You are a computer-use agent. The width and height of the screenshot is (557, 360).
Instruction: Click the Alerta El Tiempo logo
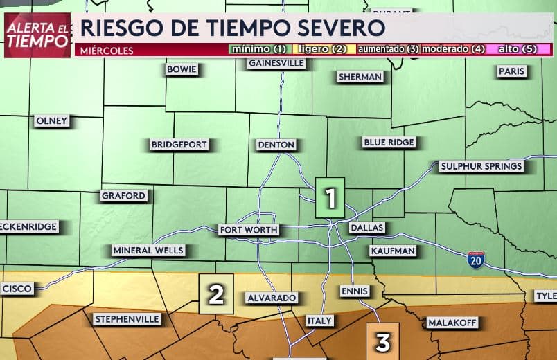point(37,35)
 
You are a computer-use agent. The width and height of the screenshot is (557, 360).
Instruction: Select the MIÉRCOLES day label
point(106,50)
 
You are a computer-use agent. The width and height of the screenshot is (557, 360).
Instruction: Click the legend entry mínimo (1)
point(259,50)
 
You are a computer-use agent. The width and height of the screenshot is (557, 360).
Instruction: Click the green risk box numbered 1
point(330,198)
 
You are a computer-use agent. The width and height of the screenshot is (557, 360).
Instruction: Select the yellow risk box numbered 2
point(215,294)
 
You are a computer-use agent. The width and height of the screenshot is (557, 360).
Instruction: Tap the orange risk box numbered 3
point(383,340)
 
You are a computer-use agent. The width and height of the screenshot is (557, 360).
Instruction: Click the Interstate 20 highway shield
point(475,260)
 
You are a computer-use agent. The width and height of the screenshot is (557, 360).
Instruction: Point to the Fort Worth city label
point(249,229)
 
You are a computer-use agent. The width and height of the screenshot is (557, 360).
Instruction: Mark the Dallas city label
point(366,227)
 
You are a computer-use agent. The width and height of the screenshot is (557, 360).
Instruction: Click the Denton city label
point(276,145)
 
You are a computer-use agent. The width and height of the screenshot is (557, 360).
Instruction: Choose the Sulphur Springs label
point(481,166)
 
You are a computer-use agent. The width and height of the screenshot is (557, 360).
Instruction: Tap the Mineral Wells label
point(148,250)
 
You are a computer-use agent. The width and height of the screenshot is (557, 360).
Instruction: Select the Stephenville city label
point(127,319)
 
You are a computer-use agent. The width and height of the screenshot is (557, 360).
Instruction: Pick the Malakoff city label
point(450,323)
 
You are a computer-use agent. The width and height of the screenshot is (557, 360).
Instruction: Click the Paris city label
point(511,71)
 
